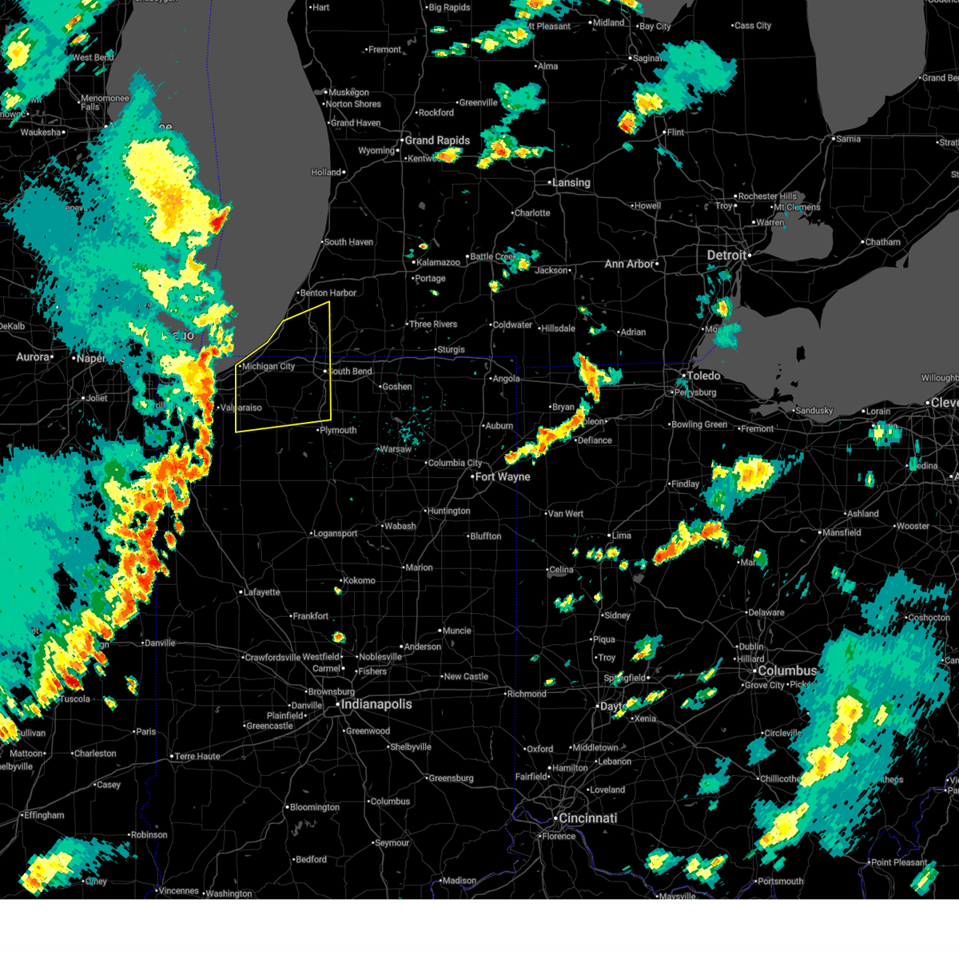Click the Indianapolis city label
376,704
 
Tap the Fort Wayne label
503,477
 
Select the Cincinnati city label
587,818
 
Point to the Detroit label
726,255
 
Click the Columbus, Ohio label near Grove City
787,671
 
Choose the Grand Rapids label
437,141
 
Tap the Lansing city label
571,183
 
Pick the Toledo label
703,376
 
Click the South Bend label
351,372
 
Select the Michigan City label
269,367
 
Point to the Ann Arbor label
630,264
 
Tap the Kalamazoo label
439,262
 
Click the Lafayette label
262,592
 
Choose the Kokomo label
360,581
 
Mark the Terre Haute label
197,756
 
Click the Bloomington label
315,807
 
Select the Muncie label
457,631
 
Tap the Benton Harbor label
328,293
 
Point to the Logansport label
336,534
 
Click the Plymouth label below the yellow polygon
339,431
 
